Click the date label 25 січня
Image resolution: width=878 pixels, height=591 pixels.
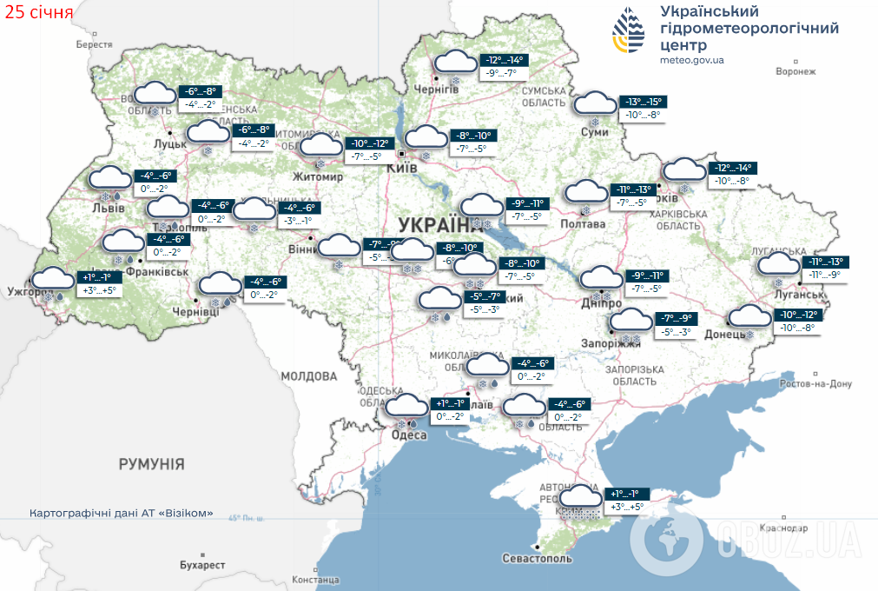pyautogui.click(x=36, y=14)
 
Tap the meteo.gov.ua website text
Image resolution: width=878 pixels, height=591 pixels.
pyautogui.click(x=691, y=60)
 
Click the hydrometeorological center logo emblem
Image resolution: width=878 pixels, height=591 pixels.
pyautogui.click(x=630, y=31)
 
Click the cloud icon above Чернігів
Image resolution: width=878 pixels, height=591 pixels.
pyautogui.click(x=454, y=63)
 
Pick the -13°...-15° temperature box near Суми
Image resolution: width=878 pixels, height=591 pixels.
pyautogui.click(x=644, y=102)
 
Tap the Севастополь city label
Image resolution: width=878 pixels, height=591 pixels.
pyautogui.click(x=537, y=558)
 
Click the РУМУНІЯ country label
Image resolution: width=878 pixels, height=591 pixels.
pyautogui.click(x=152, y=464)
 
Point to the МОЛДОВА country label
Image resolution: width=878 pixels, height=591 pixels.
pyautogui.click(x=308, y=376)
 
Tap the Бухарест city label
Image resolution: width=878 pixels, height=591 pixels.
pyautogui.click(x=202, y=565)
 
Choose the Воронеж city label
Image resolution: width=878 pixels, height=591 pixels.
pyautogui.click(x=795, y=72)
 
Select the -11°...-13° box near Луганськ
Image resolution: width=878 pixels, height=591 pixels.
pyautogui.click(x=825, y=262)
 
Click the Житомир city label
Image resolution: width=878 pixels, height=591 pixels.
pyautogui.click(x=319, y=176)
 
